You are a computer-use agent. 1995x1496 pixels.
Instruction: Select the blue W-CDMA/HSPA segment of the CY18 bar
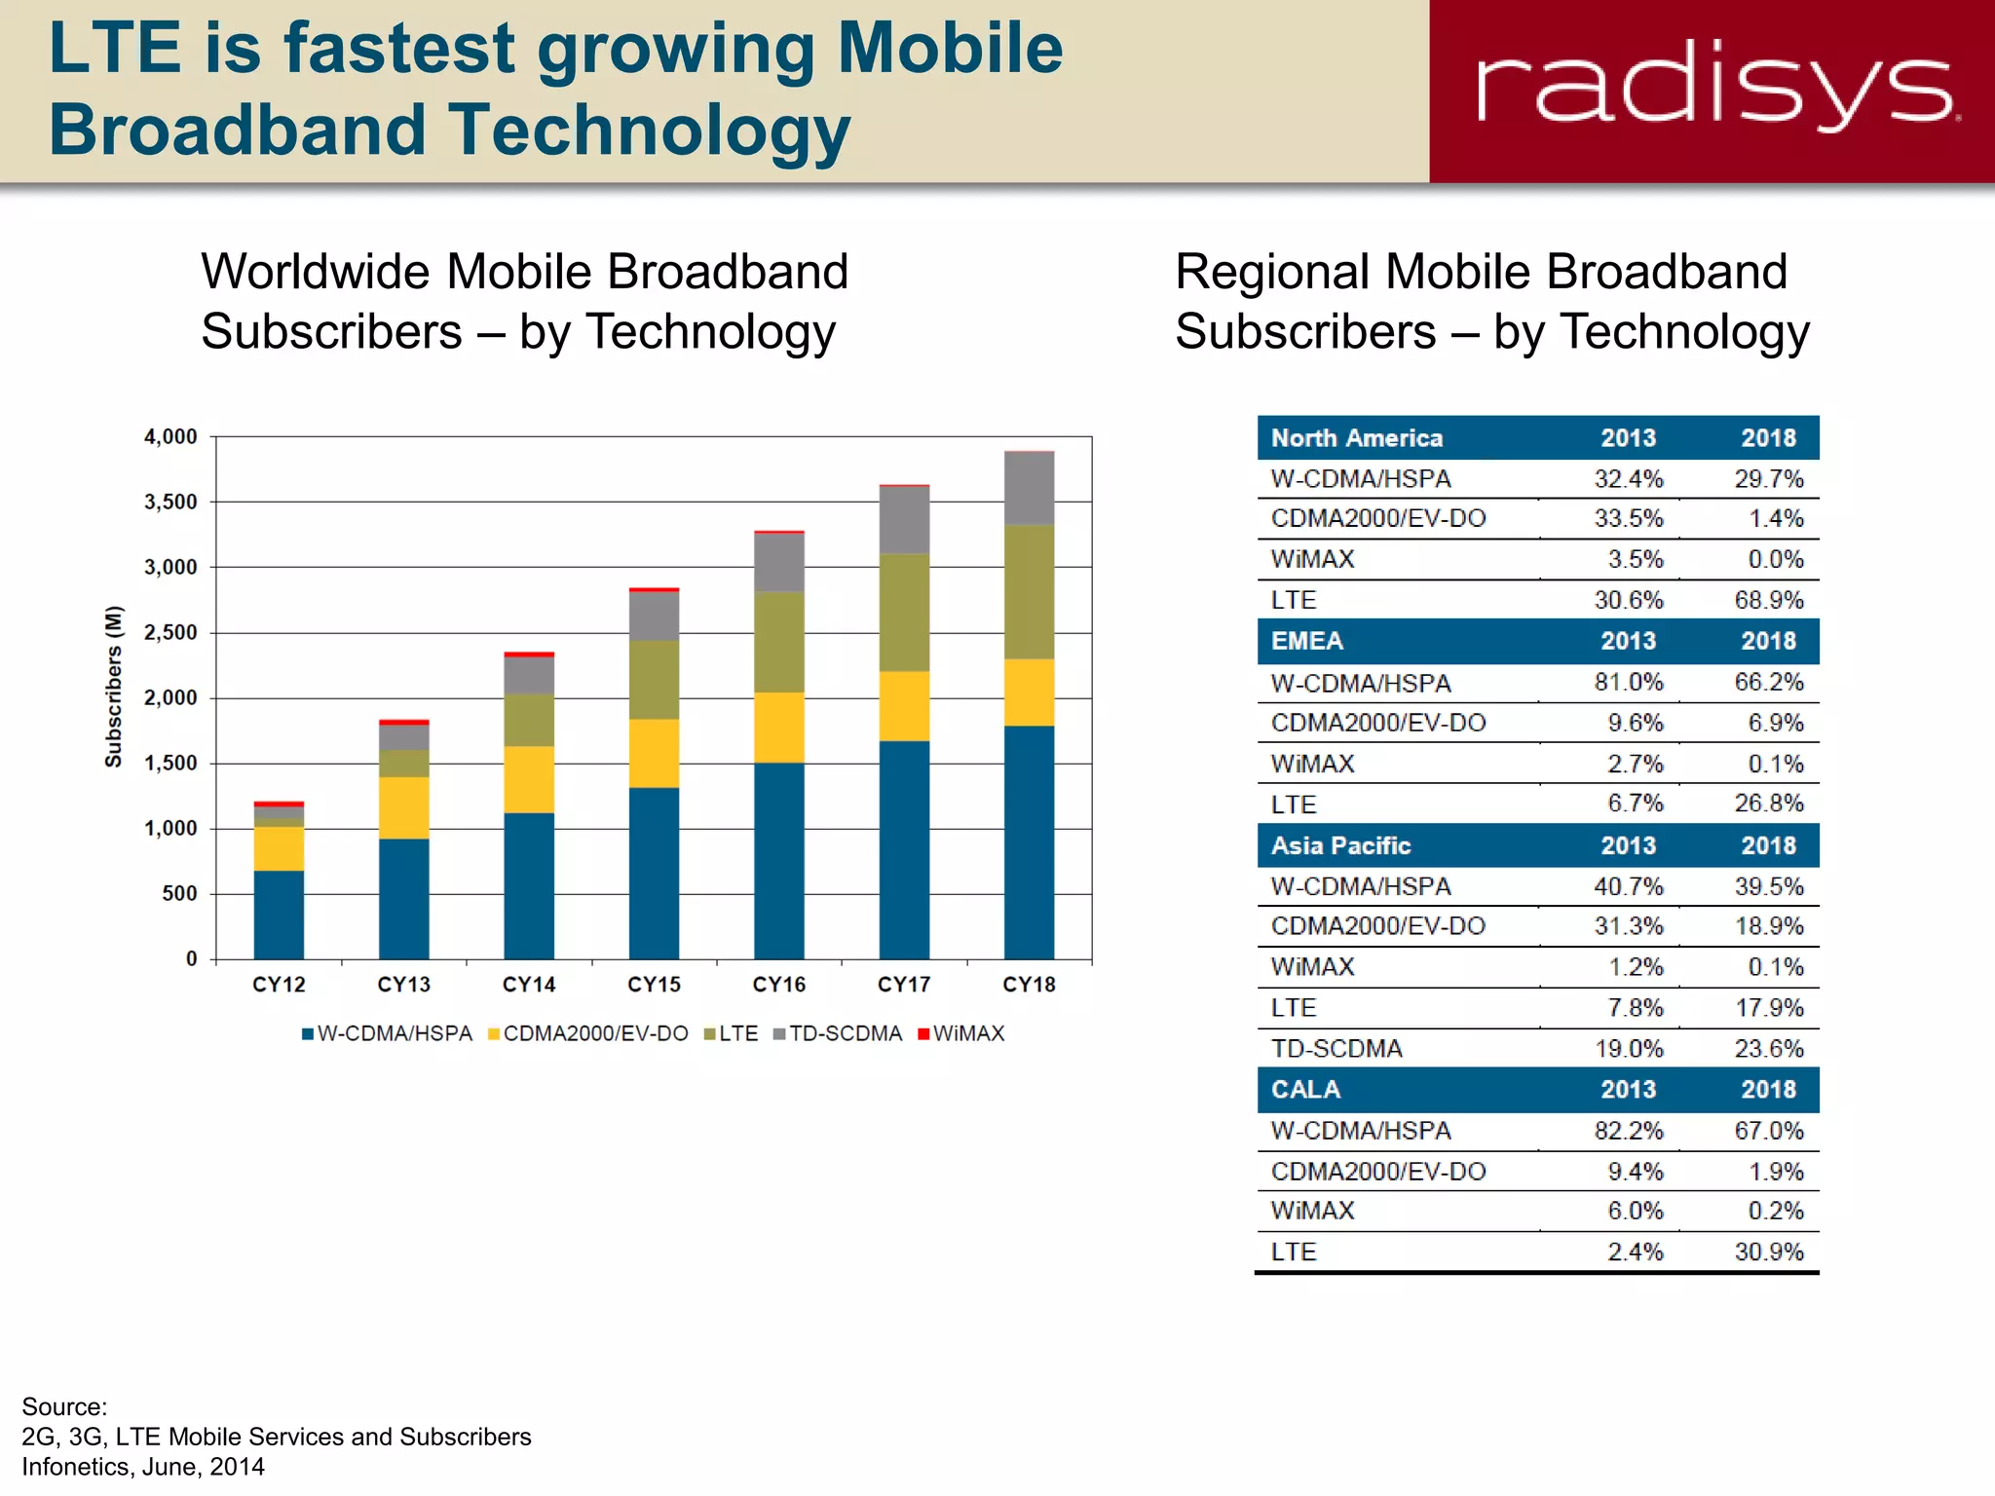point(1029,842)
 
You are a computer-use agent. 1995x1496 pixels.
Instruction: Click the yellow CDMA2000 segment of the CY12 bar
point(279,848)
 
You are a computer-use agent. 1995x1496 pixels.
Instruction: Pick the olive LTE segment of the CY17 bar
point(904,613)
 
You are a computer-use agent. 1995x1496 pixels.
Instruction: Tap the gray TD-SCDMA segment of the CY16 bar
point(779,563)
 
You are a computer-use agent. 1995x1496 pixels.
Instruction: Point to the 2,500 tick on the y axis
point(170,633)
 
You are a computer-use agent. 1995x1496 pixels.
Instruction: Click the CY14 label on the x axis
point(529,985)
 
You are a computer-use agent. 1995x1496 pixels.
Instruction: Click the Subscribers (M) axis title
point(114,687)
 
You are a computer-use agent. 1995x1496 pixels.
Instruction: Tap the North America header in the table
point(1356,438)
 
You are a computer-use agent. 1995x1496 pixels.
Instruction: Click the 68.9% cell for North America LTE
point(1768,600)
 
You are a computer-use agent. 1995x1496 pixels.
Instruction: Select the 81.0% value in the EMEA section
point(1628,682)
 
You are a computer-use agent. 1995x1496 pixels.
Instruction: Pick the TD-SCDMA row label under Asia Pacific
point(1336,1049)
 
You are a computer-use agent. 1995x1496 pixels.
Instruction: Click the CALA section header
point(1305,1090)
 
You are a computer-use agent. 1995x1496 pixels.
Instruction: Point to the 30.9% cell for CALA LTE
point(1768,1252)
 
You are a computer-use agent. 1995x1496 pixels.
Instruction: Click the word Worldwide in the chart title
point(316,272)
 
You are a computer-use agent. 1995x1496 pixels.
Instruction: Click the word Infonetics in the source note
point(77,1467)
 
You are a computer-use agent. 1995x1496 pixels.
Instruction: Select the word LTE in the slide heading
point(115,49)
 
